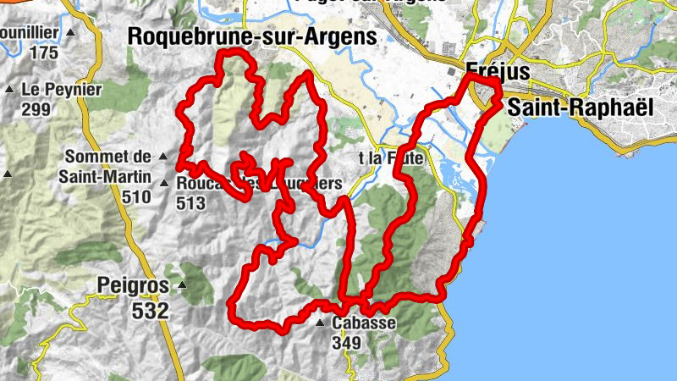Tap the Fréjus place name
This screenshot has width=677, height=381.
[x=498, y=72]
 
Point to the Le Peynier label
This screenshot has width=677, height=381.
[x=62, y=89]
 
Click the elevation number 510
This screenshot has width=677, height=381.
[x=135, y=197]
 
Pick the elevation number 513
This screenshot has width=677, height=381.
[x=191, y=203]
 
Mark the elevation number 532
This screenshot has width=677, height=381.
[x=151, y=310]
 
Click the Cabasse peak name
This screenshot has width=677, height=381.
[x=364, y=323]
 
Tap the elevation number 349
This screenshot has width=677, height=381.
[x=347, y=343]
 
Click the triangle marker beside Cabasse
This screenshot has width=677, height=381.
[x=320, y=323]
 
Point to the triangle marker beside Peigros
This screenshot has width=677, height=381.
[x=178, y=284]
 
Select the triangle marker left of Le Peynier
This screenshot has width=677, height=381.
[x=9, y=89]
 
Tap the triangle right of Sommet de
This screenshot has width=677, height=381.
[x=162, y=157]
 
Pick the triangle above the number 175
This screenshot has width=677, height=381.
[x=70, y=33]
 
